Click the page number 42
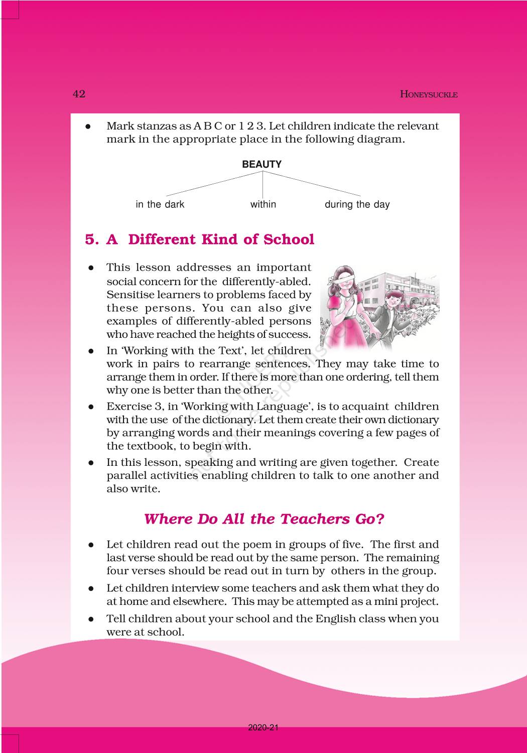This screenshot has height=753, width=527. tap(79, 94)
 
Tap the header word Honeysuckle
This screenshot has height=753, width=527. tap(429, 94)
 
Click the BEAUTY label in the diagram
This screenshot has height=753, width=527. tap(262, 164)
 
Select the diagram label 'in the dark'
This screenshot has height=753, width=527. tap(160, 204)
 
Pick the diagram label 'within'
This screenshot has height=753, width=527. tap(263, 204)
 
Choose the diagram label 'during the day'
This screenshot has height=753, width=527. tap(357, 204)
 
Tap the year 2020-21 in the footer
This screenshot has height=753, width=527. tap(263, 728)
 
